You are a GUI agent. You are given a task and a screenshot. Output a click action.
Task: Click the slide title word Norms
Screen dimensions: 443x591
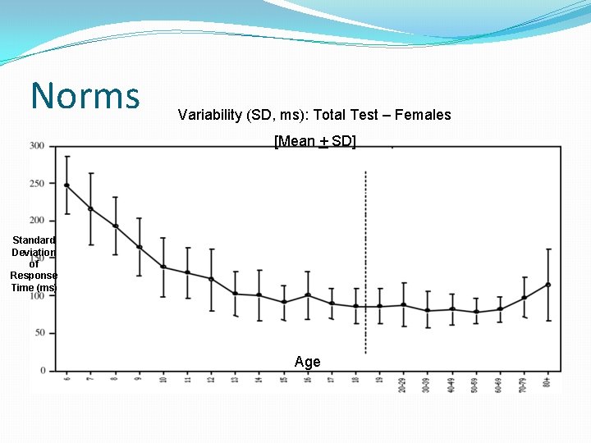(x=85, y=95)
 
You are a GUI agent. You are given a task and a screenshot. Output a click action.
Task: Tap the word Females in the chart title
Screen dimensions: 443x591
(x=423, y=115)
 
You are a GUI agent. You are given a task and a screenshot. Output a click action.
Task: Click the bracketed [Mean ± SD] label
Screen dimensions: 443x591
(x=315, y=141)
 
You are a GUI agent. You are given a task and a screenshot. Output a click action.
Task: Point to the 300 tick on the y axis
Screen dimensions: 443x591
(x=37, y=146)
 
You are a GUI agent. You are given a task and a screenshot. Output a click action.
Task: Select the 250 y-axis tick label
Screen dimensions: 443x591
(x=37, y=184)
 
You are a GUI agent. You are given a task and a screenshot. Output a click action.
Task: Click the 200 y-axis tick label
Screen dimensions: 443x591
(x=37, y=221)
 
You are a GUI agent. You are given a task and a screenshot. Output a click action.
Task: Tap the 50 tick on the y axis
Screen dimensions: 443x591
(x=39, y=333)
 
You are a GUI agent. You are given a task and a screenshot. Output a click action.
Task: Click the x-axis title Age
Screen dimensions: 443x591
(x=307, y=362)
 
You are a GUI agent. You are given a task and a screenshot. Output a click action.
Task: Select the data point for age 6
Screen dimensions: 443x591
(x=66, y=185)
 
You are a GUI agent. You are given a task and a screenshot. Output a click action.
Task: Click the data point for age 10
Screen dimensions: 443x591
(x=163, y=267)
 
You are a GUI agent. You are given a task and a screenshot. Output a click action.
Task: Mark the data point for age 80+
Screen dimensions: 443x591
(x=548, y=285)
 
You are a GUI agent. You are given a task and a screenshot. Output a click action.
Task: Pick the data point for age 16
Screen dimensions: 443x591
(x=308, y=295)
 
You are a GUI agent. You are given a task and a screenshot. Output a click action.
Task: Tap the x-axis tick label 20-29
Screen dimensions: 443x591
(x=403, y=385)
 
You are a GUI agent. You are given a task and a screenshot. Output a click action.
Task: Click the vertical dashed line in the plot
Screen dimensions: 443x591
(x=365, y=246)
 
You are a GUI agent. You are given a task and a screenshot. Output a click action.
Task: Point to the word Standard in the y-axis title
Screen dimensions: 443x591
(x=33, y=240)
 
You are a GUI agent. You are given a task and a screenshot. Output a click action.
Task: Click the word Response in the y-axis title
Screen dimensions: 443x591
(x=33, y=276)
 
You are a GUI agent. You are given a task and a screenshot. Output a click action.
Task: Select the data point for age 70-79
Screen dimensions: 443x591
(x=524, y=298)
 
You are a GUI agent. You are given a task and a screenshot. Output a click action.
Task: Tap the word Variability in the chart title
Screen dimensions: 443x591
(x=208, y=115)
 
